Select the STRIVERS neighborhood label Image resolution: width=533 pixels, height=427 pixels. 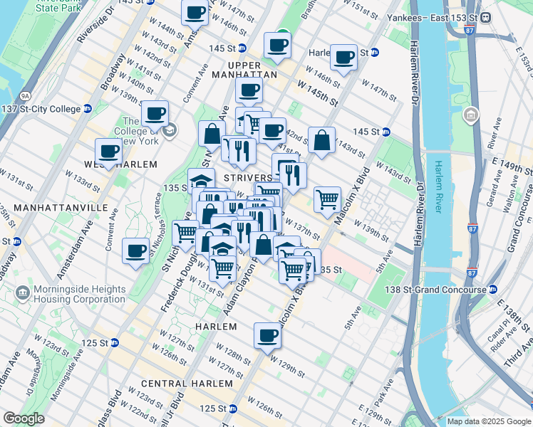coord(247,177)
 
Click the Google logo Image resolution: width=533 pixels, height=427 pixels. coord(24,418)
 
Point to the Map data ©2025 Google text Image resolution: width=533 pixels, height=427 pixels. coord(489,421)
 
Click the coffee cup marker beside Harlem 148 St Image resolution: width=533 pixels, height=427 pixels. coord(344,58)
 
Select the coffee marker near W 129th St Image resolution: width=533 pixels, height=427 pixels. coord(268,334)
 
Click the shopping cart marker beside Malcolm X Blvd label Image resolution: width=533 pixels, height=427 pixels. coord(327,199)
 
